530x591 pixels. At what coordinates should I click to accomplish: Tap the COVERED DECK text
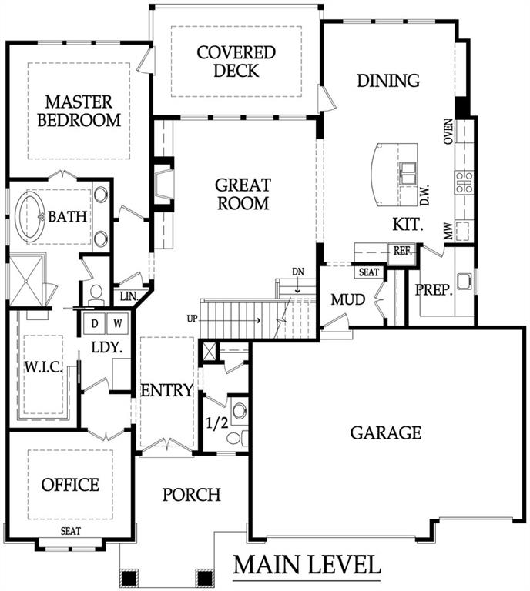[236, 62]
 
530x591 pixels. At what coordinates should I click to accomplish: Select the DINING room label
[388, 80]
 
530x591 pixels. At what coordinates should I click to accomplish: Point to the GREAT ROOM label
[242, 194]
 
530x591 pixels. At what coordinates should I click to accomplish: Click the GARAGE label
[386, 432]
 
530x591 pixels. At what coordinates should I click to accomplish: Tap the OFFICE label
[70, 485]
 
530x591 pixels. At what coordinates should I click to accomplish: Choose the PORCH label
[192, 494]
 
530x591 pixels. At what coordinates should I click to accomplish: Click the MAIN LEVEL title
[307, 566]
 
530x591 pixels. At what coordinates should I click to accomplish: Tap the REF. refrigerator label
[402, 252]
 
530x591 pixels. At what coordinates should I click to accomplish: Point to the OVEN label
[448, 131]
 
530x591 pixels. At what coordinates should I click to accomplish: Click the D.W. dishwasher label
[424, 195]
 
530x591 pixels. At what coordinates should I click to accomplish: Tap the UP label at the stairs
[192, 318]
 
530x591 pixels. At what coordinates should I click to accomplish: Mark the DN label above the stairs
[298, 272]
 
